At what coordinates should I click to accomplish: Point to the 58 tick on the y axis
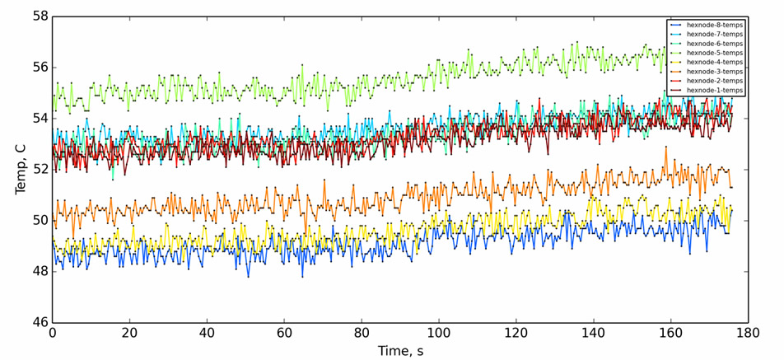38,16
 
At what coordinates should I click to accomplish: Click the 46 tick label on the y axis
38,323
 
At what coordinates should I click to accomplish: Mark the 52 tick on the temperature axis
38,170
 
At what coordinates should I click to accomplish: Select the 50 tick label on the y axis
38,221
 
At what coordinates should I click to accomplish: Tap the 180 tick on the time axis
748,333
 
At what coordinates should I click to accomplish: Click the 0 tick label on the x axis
53,333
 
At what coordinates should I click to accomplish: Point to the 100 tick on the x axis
439,333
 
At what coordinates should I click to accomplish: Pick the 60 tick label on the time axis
284,333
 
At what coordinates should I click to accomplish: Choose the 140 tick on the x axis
593,333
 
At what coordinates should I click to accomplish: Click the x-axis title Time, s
400,350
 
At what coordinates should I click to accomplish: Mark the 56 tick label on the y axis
38,68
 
